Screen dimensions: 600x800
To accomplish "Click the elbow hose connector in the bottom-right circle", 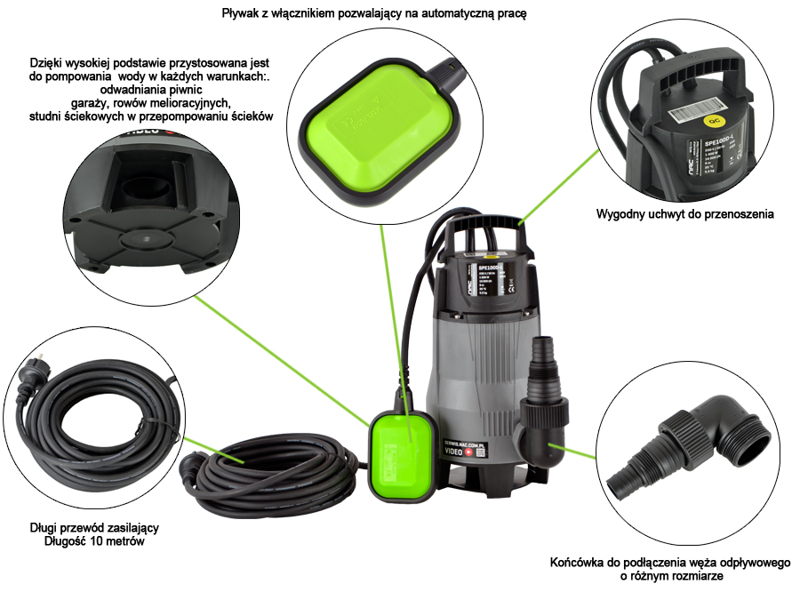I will [x=675, y=444].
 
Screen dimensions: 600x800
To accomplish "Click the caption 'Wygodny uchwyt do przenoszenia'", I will [x=685, y=214].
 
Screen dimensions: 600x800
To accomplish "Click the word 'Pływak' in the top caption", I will [x=241, y=15].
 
